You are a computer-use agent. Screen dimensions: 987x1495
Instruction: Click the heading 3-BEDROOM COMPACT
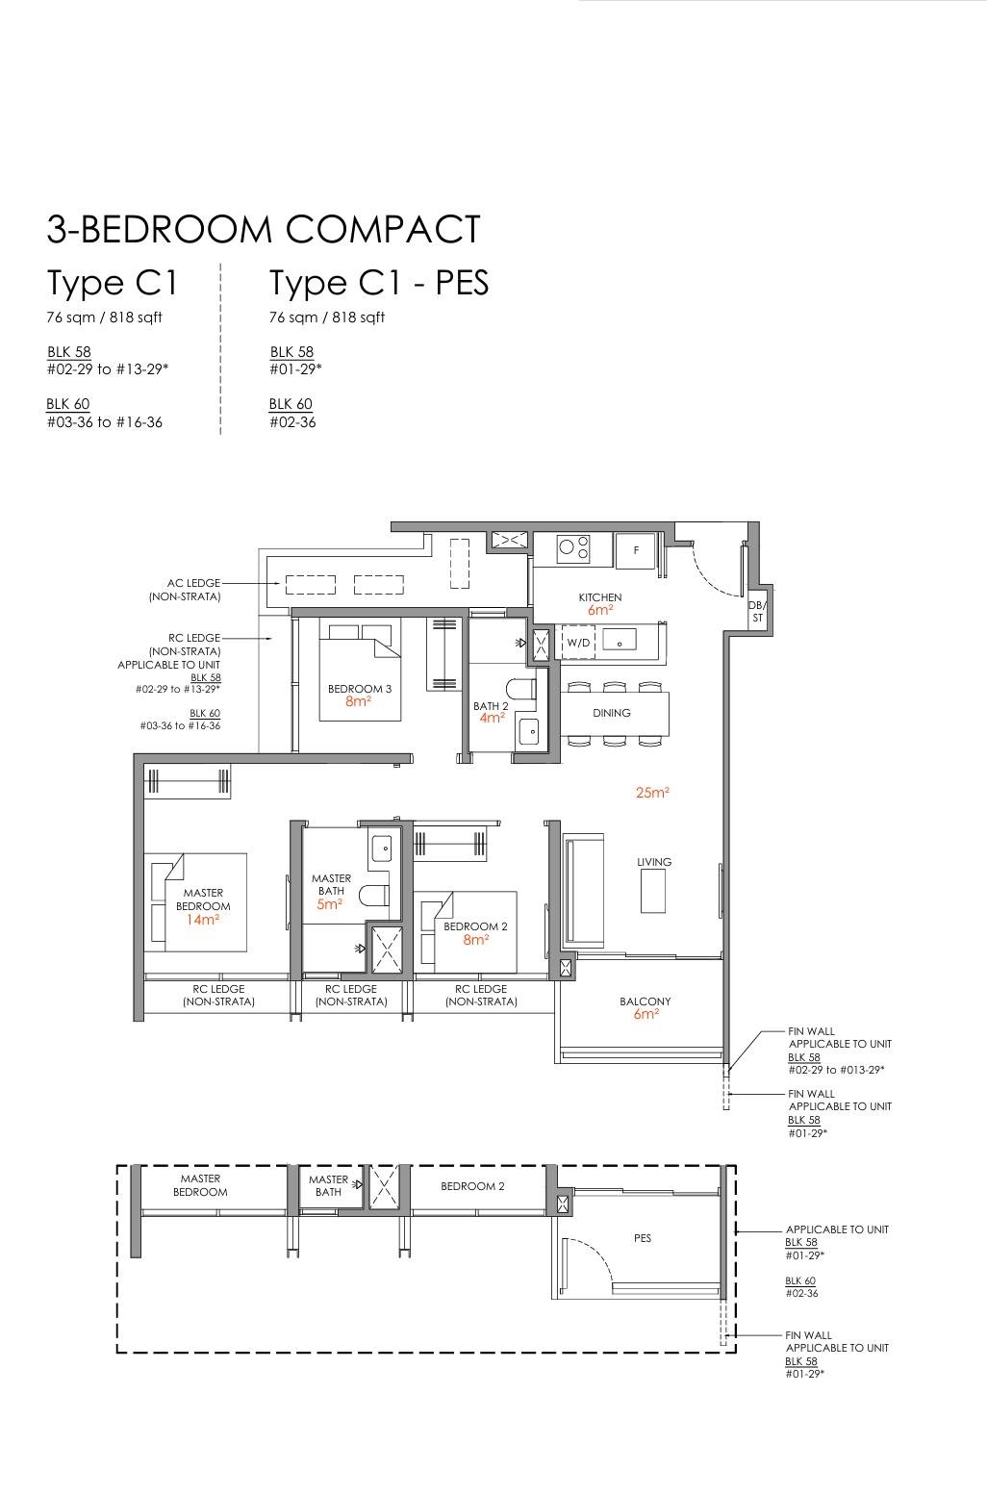click(263, 229)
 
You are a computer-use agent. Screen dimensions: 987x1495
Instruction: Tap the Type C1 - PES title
click(379, 282)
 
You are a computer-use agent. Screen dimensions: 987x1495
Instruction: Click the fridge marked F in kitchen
click(635, 550)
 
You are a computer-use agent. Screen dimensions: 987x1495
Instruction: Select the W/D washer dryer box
click(578, 642)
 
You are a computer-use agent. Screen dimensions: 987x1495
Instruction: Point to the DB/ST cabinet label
click(757, 611)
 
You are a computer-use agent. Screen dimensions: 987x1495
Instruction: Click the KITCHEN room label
click(600, 597)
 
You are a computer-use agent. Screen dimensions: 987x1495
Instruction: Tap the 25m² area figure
click(652, 792)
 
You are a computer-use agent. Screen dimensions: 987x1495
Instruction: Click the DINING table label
click(611, 713)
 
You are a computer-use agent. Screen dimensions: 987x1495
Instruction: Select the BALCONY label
click(645, 1001)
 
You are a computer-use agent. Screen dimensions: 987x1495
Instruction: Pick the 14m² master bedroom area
click(203, 920)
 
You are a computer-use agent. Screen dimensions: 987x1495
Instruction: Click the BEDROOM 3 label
click(360, 688)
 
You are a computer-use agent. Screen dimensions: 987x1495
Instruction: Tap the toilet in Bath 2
click(521, 688)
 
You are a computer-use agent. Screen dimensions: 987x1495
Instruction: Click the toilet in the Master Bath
click(374, 896)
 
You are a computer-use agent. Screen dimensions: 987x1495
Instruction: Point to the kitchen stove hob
click(574, 548)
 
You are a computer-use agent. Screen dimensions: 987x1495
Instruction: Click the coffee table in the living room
click(652, 892)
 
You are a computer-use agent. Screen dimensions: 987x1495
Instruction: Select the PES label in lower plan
click(642, 1238)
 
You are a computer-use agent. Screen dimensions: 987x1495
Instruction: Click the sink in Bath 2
click(531, 731)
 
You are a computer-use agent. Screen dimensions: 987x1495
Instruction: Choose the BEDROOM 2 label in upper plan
click(476, 926)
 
